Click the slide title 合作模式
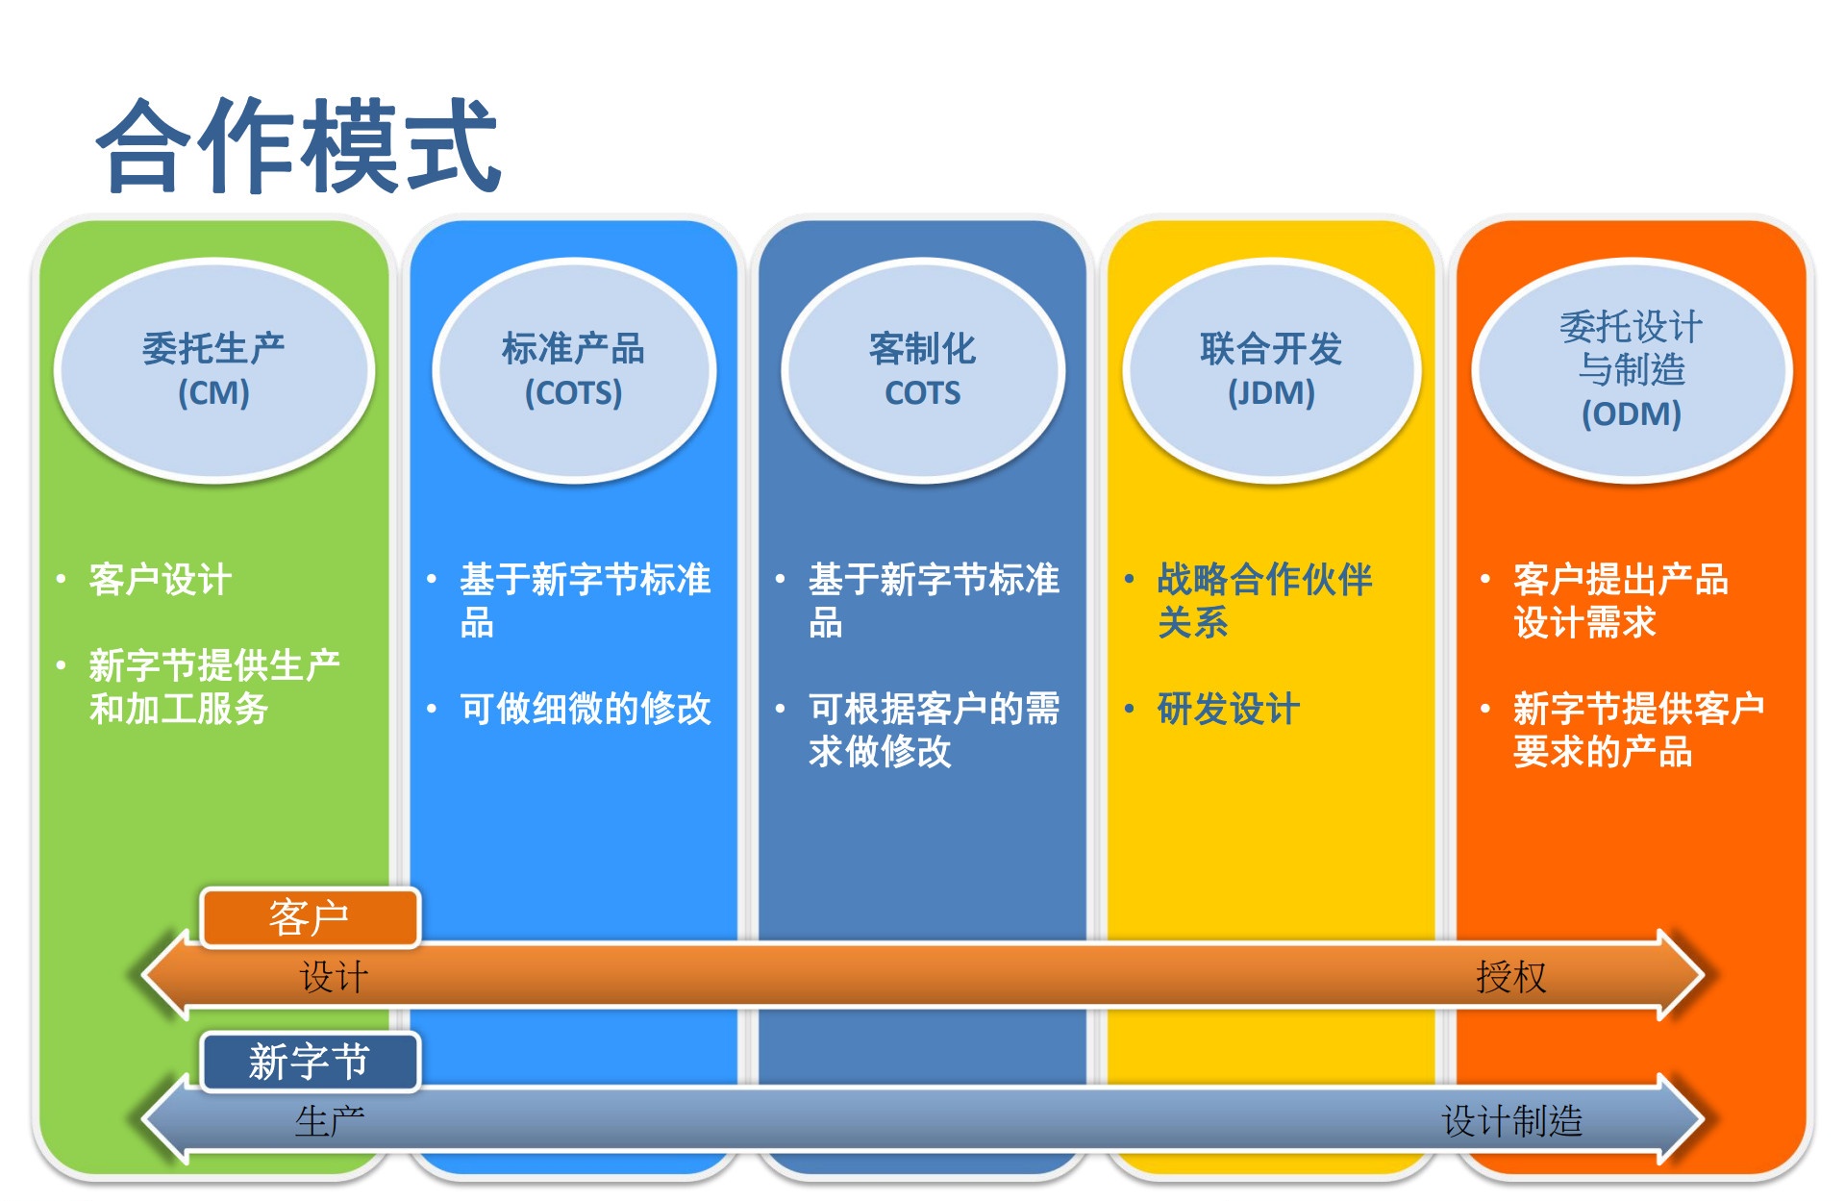pyautogui.click(x=298, y=146)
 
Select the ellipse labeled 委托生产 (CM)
pyautogui.click(x=213, y=370)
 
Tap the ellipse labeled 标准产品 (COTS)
pyautogui.click(x=573, y=370)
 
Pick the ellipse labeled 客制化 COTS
pyautogui.click(x=922, y=370)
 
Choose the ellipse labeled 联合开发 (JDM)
pyautogui.click(x=1271, y=370)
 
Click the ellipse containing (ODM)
pyautogui.click(x=1631, y=370)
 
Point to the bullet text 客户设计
pyautogui.click(x=160, y=580)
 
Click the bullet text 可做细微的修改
pyautogui.click(x=585, y=709)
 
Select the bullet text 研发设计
pyautogui.click(x=1228, y=709)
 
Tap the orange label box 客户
pyautogui.click(x=310, y=917)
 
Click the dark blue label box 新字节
pyautogui.click(x=310, y=1062)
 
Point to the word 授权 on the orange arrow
pyautogui.click(x=1511, y=977)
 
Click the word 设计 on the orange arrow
pyautogui.click(x=334, y=977)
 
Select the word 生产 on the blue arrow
pyautogui.click(x=330, y=1121)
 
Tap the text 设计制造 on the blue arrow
pyautogui.click(x=1511, y=1121)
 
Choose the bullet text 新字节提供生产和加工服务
pyautogui.click(x=213, y=687)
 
